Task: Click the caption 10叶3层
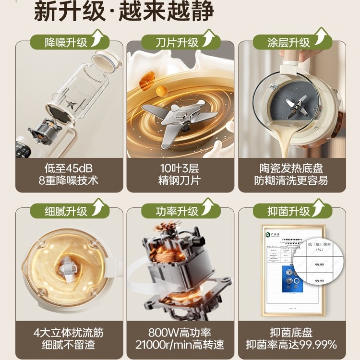pos(180,168)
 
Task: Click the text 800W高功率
pos(180,332)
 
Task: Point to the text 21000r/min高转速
pos(180,345)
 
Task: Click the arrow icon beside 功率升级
pos(207,207)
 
